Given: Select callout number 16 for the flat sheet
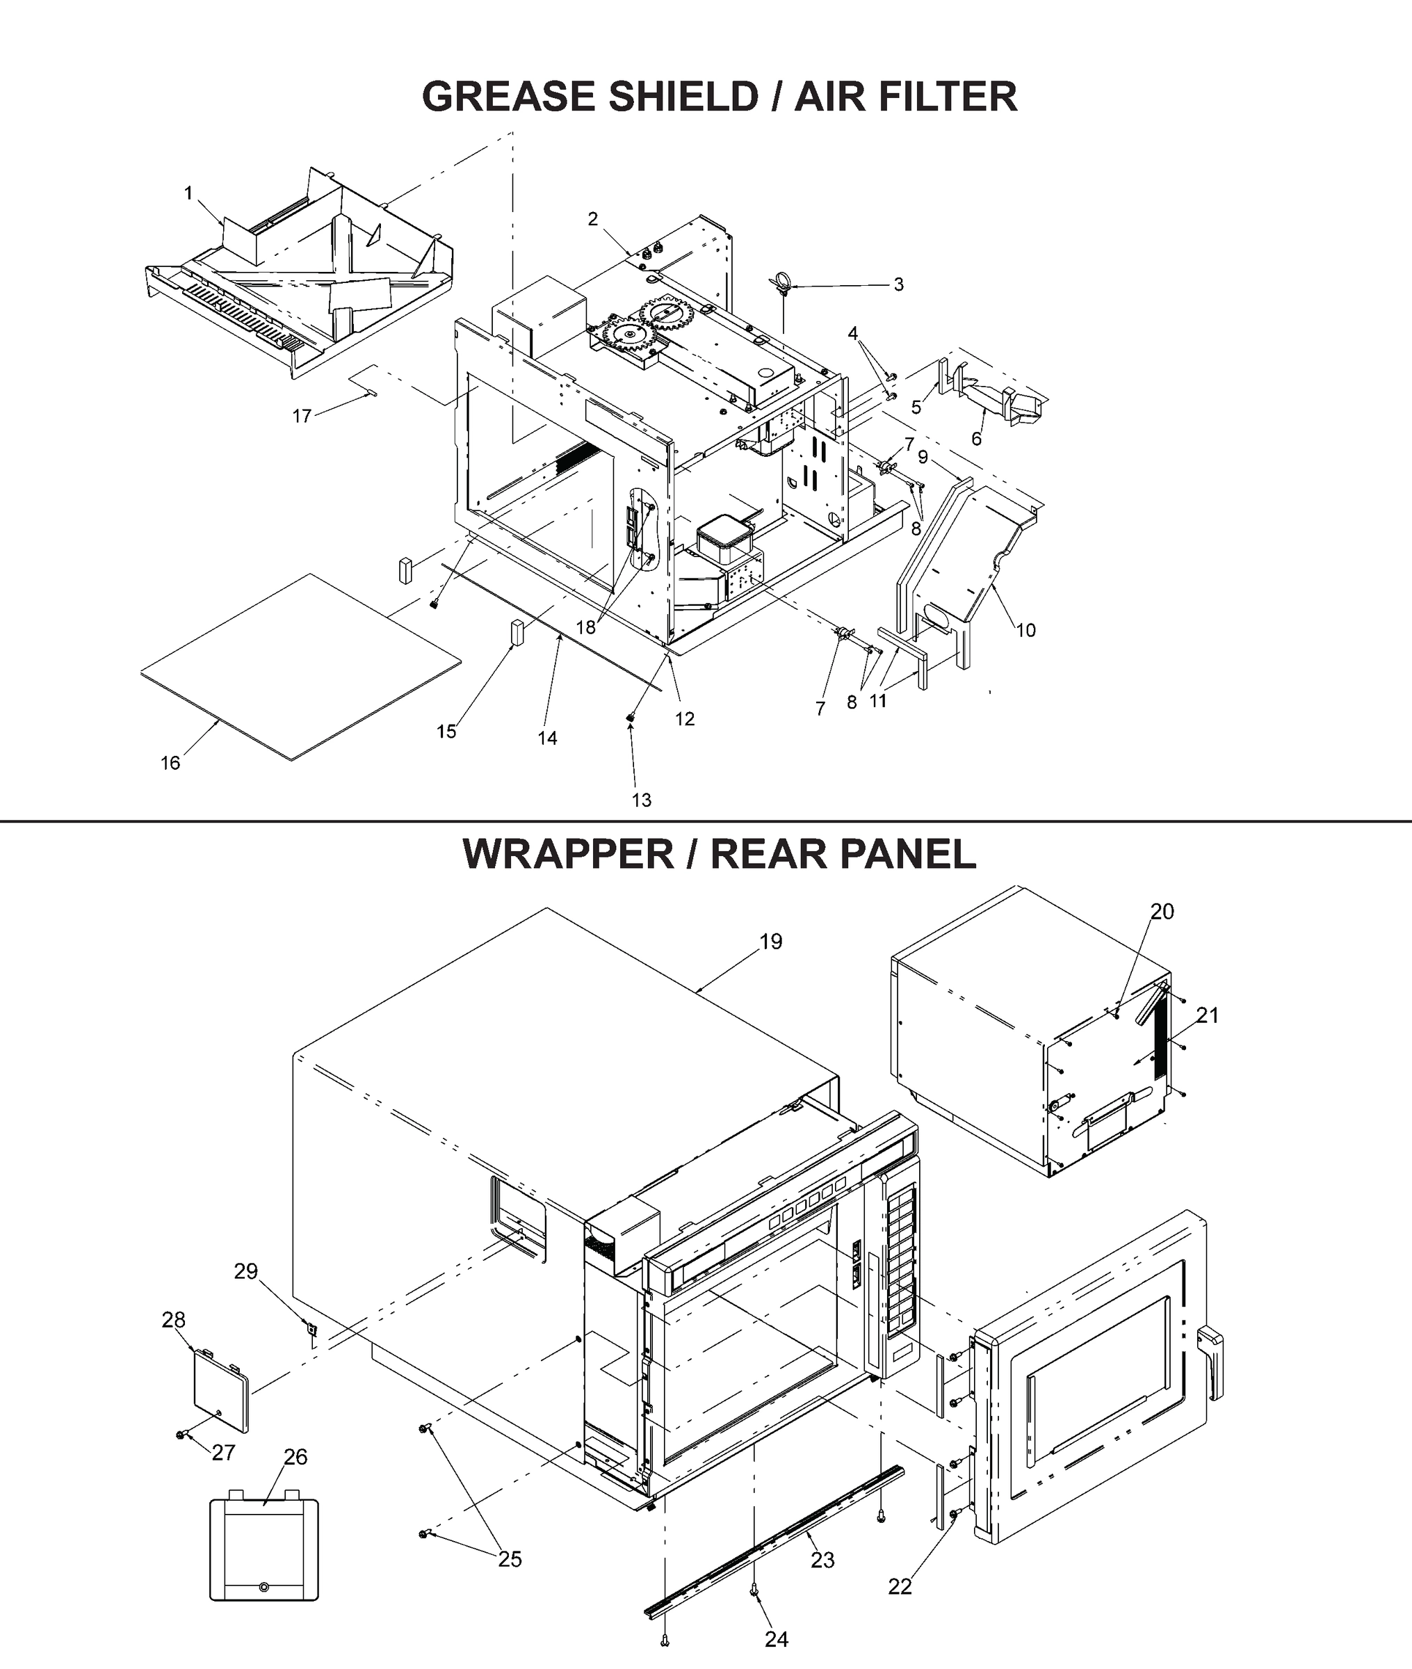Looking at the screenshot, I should [170, 763].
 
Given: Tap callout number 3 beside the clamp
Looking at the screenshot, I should [898, 284].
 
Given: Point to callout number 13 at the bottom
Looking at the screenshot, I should [641, 800].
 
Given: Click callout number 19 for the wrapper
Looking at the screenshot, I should [770, 942].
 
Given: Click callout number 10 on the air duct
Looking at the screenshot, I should [1025, 630].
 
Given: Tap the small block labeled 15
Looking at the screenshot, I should [517, 631].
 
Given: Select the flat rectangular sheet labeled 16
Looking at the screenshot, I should [300, 666].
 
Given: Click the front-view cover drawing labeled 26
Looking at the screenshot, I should [263, 1549].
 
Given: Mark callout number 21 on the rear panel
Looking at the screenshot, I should [1206, 1015].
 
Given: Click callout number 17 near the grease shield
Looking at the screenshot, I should [301, 417].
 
